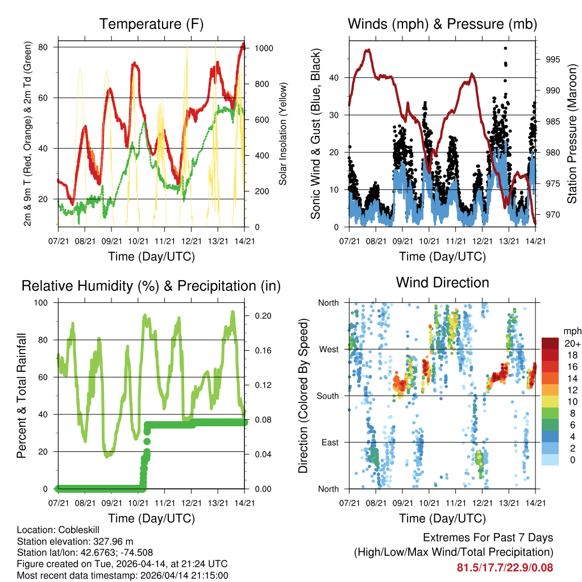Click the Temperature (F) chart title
[151, 24]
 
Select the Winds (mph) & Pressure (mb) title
[443, 24]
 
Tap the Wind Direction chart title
[442, 282]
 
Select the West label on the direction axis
[329, 349]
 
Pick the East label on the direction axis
[329, 442]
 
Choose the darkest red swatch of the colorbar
[550, 343]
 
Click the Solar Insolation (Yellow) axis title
[282, 134]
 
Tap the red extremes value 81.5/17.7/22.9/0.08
[505, 567]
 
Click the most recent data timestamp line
[122, 575]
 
